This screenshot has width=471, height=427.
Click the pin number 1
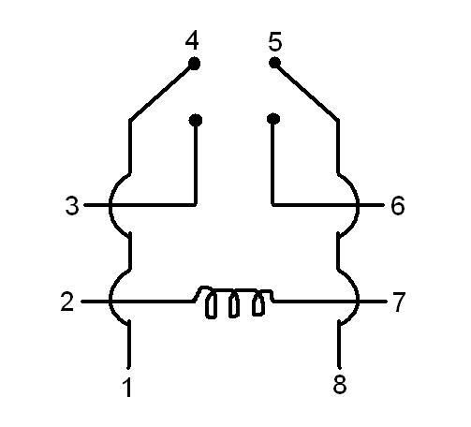(127, 387)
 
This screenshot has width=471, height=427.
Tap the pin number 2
(67, 302)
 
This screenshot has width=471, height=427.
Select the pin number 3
(72, 205)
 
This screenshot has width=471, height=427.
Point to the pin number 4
(192, 41)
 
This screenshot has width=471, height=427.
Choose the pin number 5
(275, 41)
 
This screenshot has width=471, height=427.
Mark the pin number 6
(398, 205)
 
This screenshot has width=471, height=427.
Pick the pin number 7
(399, 302)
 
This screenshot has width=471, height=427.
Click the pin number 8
(340, 384)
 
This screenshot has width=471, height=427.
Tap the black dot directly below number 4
(194, 64)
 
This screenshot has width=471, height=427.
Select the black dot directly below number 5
(274, 63)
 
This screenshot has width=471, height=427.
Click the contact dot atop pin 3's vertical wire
(196, 120)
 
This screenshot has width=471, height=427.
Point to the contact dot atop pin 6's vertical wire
(273, 119)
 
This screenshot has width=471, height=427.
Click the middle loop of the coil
(234, 305)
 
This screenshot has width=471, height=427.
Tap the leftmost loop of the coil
(211, 305)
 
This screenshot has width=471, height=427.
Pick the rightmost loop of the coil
(258, 303)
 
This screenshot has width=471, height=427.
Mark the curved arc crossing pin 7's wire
(359, 302)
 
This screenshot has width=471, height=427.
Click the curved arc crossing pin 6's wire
(359, 204)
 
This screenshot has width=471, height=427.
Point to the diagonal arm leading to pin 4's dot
(161, 93)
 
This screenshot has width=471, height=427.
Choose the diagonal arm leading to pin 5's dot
(307, 92)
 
